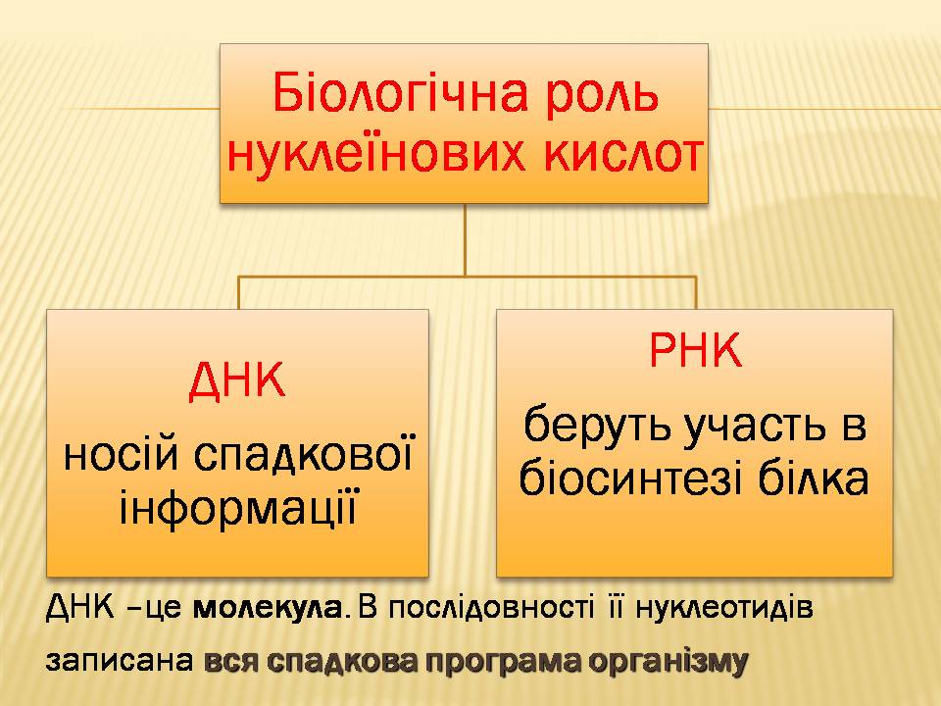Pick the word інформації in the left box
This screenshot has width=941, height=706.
[x=236, y=509]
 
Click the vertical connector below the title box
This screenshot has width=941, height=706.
[x=465, y=239]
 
